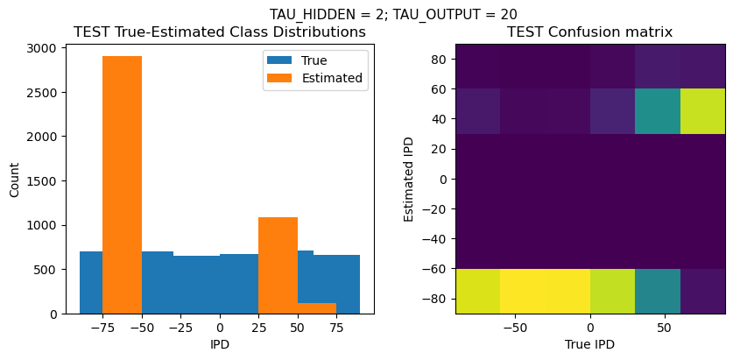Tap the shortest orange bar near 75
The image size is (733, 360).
click(x=317, y=307)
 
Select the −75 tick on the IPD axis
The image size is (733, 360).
click(x=102, y=328)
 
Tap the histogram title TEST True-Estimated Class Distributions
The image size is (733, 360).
click(x=219, y=32)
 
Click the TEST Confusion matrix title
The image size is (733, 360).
click(x=590, y=32)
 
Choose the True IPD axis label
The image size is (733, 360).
click(x=590, y=344)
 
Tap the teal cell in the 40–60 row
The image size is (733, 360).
click(x=658, y=110)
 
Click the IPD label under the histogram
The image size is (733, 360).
click(x=219, y=344)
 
